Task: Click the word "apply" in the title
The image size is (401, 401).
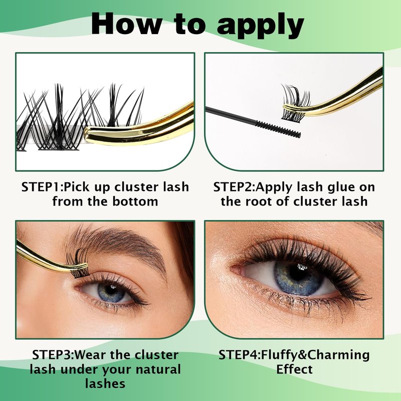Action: coord(261,25)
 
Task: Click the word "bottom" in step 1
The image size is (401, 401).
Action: coord(135,202)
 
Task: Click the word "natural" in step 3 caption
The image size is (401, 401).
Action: coord(158,369)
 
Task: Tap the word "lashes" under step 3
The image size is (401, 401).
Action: coord(105,383)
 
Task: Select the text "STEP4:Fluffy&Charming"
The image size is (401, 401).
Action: coord(294,355)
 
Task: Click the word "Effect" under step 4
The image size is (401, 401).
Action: coord(294,369)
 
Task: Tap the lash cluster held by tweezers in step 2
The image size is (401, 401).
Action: coord(295,103)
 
